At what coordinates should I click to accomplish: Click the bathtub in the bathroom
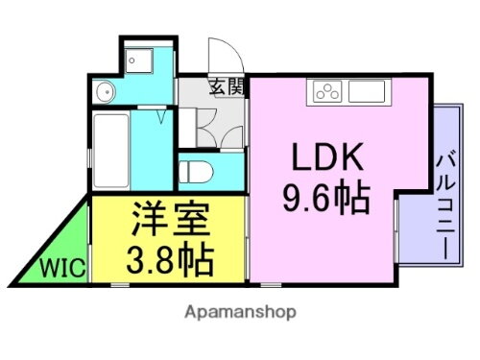tap(113, 152)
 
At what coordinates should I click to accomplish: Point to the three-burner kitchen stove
tap(325, 93)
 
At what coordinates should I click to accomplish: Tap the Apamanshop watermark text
tap(238, 312)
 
